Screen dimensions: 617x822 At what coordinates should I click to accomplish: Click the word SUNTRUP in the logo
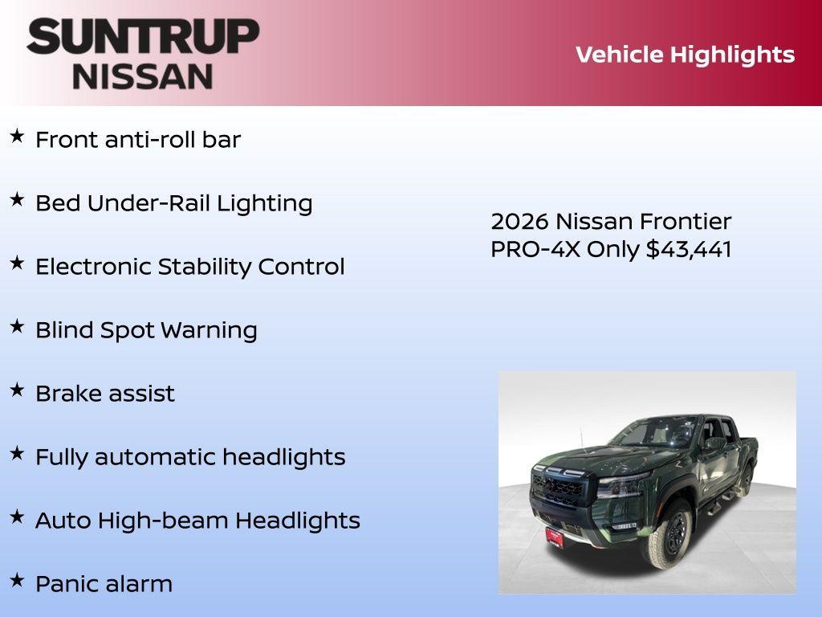pyautogui.click(x=143, y=37)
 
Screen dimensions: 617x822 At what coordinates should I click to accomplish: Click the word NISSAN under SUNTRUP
pyautogui.click(x=143, y=76)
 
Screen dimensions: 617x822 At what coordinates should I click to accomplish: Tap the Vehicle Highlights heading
pyautogui.click(x=685, y=55)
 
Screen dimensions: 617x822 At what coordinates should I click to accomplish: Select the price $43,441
pyautogui.click(x=689, y=249)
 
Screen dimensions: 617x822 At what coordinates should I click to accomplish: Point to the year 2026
pyautogui.click(x=520, y=222)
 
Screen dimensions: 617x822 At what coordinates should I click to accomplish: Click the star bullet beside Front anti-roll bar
pyautogui.click(x=17, y=137)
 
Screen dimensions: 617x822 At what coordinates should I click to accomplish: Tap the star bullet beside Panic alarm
pyautogui.click(x=17, y=581)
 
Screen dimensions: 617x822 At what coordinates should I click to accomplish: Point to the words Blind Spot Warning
pyautogui.click(x=146, y=330)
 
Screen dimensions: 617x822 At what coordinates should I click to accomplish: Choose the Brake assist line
pyautogui.click(x=105, y=394)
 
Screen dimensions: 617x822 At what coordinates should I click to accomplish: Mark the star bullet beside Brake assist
pyautogui.click(x=17, y=390)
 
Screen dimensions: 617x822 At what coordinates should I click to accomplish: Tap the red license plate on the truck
pyautogui.click(x=554, y=537)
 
